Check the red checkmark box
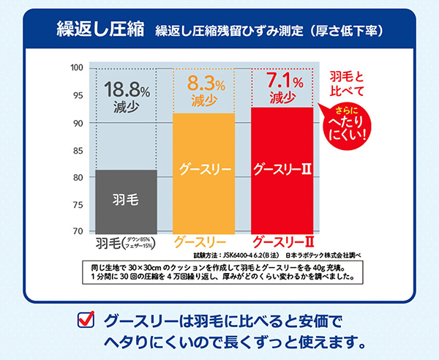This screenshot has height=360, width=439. pyautogui.click(x=85, y=320)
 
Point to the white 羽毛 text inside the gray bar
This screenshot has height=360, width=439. pyautogui.click(x=126, y=198)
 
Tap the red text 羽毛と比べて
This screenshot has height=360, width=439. pyautogui.click(x=347, y=83)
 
